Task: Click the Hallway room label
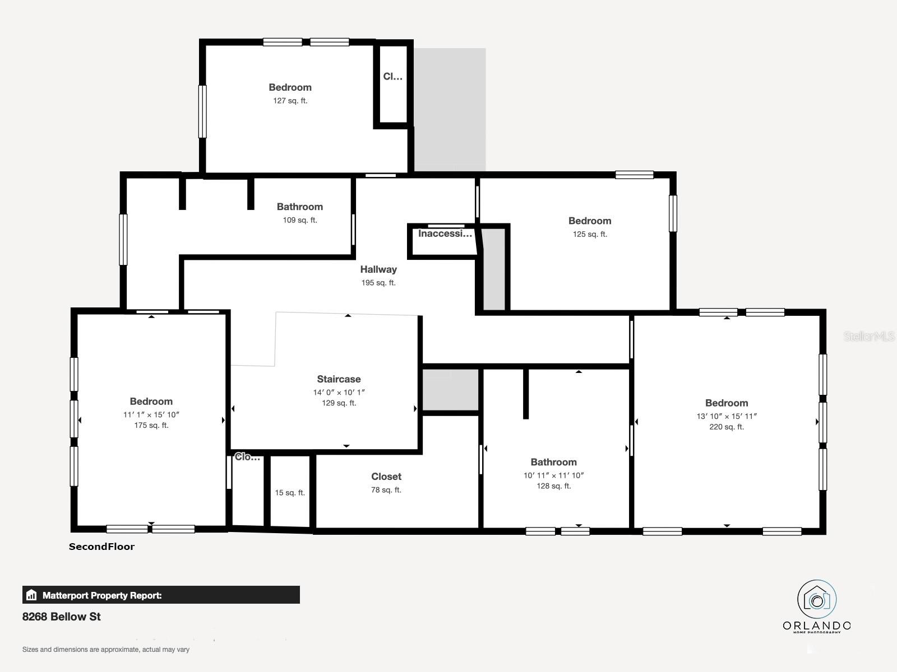[378, 269]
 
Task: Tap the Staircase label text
[339, 379]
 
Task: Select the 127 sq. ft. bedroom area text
[290, 101]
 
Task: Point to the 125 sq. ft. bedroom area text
[590, 234]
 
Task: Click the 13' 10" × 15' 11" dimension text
[727, 416]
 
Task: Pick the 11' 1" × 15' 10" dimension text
[151, 414]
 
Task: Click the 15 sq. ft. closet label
[290, 493]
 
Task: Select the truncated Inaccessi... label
[445, 234]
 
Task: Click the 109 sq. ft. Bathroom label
[300, 207]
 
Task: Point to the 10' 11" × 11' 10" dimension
[553, 475]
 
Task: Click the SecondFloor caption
[101, 547]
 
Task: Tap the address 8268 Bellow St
[62, 617]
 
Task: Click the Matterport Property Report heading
[102, 595]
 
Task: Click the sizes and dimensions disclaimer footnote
[106, 650]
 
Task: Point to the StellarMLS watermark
[869, 337]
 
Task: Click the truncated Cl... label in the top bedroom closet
[392, 77]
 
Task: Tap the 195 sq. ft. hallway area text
[378, 283]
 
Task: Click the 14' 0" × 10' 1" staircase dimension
[339, 392]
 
